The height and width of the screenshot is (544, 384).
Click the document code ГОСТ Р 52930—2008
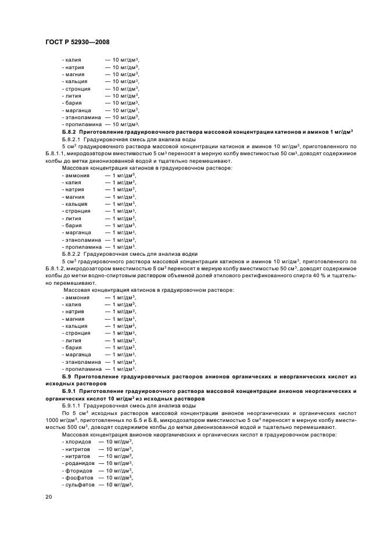point(77,41)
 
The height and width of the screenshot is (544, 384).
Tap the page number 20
point(49,497)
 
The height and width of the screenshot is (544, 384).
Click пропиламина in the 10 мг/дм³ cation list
point(82,124)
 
